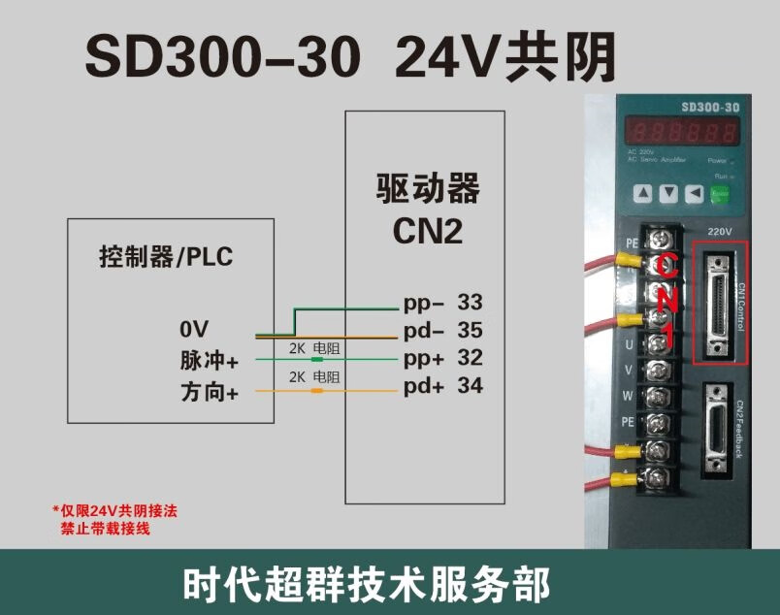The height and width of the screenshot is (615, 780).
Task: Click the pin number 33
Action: coord(470,303)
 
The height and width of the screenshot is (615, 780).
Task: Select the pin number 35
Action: coord(470,330)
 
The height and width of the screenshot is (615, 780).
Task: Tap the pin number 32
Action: coord(470,358)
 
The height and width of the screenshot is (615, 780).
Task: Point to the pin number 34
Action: coord(470,386)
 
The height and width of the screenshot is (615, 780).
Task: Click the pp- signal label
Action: coord(423,303)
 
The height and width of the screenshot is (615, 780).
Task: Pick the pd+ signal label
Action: coord(424,386)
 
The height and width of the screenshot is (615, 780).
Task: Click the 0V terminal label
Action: coord(193,327)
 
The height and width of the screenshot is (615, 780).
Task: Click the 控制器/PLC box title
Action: coord(166,257)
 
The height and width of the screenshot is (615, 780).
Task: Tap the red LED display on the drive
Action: coord(678,131)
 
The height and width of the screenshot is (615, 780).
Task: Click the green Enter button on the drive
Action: coord(720,193)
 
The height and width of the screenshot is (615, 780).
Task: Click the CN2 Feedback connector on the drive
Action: coord(719,426)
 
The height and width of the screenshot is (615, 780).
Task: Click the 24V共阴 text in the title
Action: coord(505,57)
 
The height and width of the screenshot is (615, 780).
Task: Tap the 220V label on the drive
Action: coord(719,232)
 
